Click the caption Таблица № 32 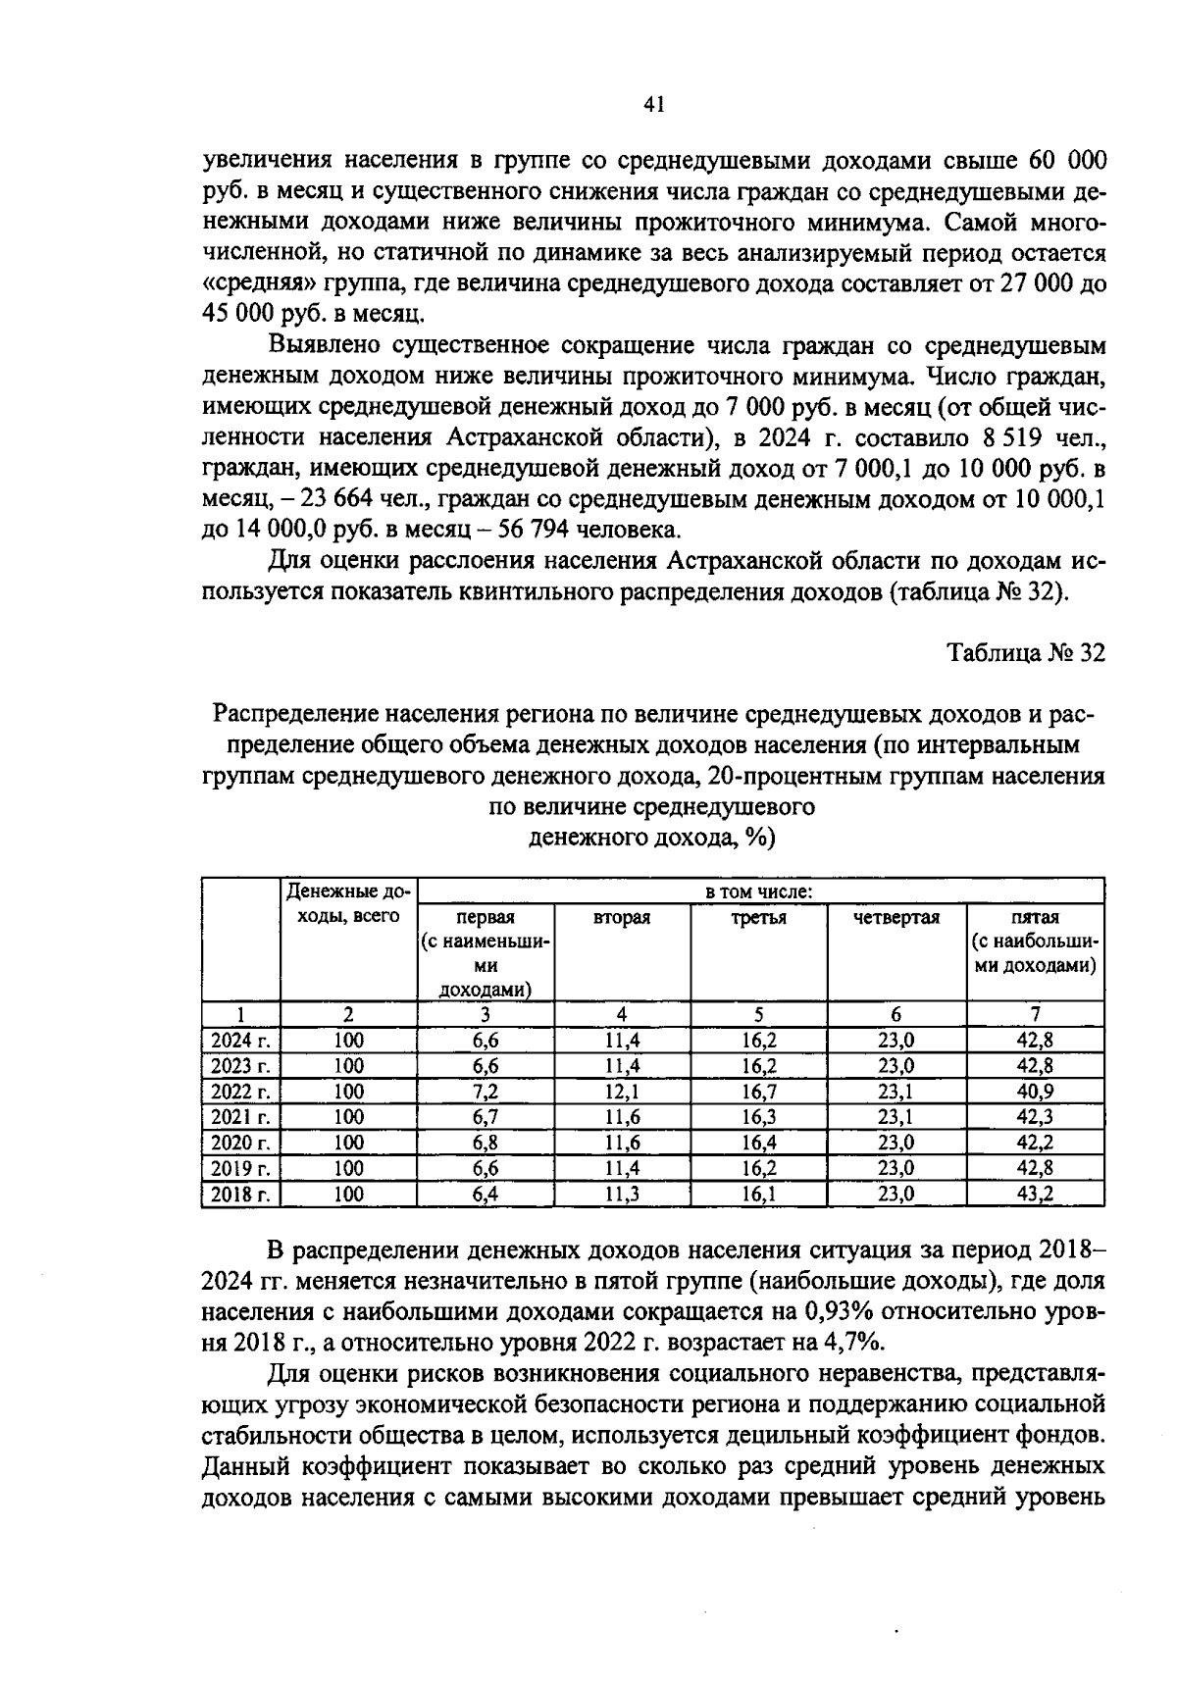[x=1025, y=654]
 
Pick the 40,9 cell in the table [x=1035, y=1092]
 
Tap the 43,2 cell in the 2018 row [x=1035, y=1194]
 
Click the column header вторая [x=622, y=918]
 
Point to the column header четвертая [x=896, y=918]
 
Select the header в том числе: [x=759, y=891]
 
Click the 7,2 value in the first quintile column [x=485, y=1092]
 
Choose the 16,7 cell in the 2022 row [x=759, y=1092]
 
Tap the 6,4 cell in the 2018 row [x=485, y=1194]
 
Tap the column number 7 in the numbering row [x=1035, y=1015]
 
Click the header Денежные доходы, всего [x=348, y=904]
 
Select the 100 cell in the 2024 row [x=348, y=1041]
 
